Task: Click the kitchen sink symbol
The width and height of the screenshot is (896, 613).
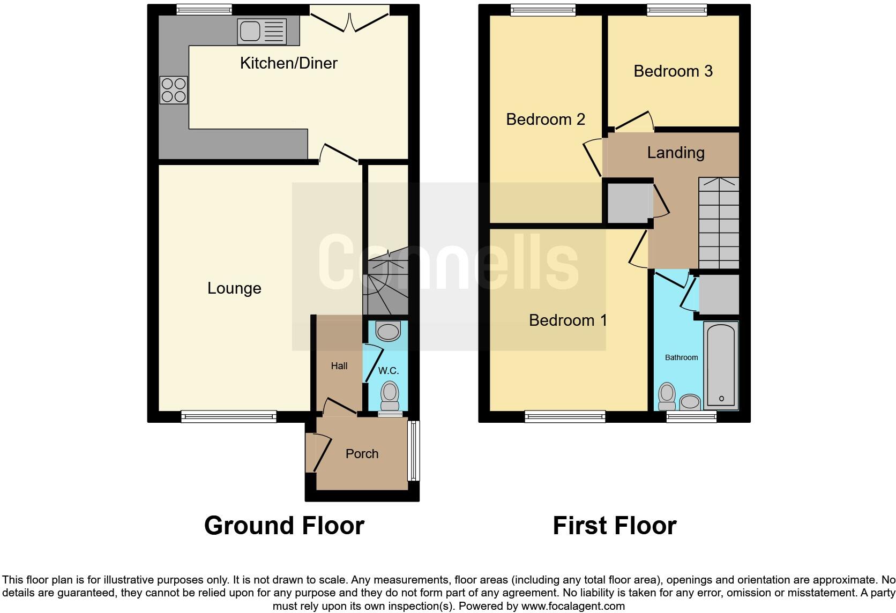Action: (262, 32)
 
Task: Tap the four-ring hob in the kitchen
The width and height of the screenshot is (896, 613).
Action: (174, 90)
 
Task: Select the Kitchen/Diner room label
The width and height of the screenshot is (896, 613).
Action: (288, 63)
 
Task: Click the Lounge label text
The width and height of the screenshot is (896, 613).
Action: (234, 288)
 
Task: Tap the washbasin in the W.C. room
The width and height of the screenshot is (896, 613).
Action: (389, 331)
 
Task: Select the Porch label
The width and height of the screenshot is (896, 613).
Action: (362, 454)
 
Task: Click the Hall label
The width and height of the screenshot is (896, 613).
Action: (339, 366)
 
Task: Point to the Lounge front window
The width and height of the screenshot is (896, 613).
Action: (229, 416)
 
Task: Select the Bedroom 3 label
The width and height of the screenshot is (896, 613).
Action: (673, 71)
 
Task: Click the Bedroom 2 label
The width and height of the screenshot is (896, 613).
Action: (545, 119)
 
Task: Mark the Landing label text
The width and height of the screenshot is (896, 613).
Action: (675, 153)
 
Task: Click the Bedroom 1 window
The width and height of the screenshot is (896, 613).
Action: (565, 416)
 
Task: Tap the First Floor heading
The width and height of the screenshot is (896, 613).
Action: (614, 525)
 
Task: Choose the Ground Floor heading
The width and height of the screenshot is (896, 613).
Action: (284, 525)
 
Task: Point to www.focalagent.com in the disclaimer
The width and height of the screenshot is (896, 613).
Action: (572, 607)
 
